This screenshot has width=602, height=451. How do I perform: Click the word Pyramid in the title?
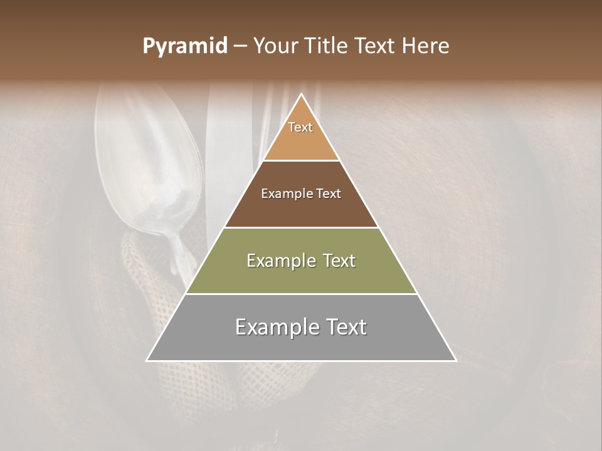(185, 46)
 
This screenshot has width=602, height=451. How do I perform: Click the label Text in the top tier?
(300, 127)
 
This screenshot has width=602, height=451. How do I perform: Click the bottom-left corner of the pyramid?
(147, 360)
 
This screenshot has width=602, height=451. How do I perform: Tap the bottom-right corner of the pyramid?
(456, 360)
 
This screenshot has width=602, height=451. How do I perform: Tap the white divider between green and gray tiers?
(301, 294)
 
